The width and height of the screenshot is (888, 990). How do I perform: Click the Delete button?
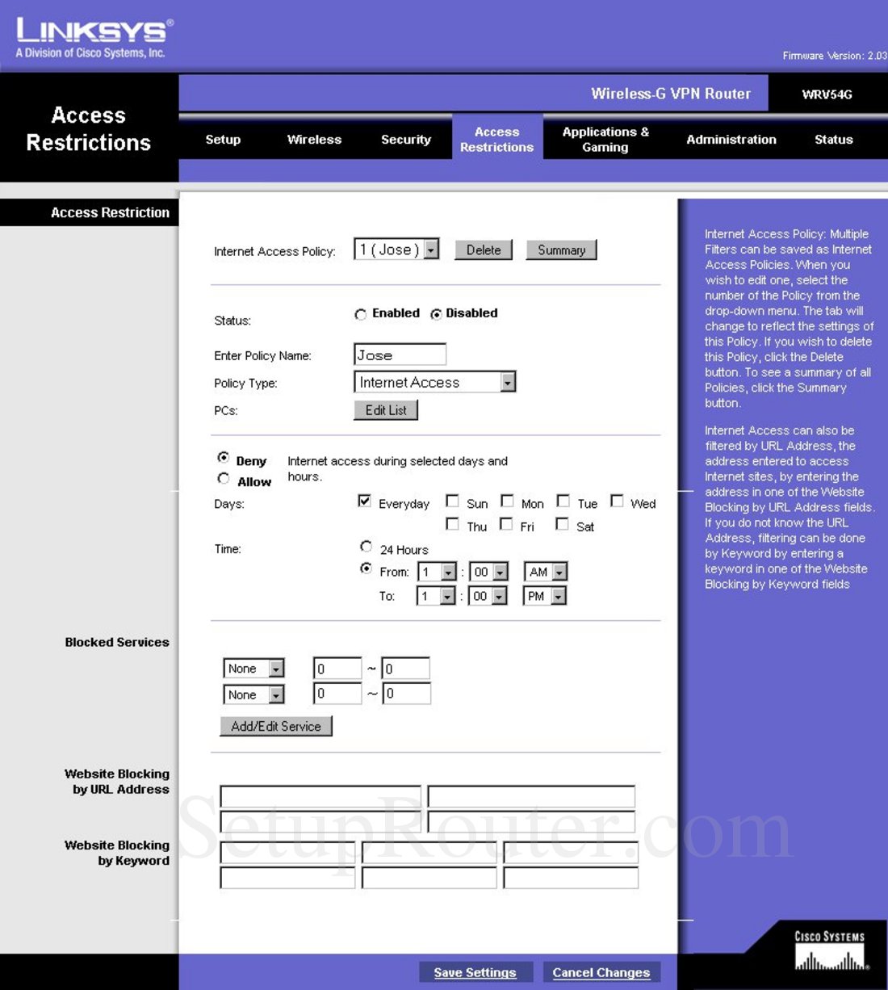pos(484,250)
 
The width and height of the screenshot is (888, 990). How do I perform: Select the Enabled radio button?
pos(361,314)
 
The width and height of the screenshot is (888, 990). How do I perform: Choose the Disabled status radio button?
pos(436,314)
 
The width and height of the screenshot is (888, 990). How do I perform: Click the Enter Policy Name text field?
pos(400,354)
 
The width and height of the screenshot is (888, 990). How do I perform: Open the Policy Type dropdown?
pos(435,382)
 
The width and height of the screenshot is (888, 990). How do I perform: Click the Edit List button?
pos(386,410)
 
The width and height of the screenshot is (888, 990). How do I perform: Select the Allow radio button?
pos(224,479)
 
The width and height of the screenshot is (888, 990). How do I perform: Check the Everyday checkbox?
pos(364,501)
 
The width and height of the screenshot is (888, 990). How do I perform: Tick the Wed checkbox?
pos(617,501)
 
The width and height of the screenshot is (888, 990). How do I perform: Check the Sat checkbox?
pos(563,524)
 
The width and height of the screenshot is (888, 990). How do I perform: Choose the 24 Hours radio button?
pos(367,547)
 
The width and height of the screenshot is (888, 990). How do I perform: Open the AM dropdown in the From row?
pos(546,572)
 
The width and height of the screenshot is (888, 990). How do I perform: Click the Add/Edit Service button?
pos(276,726)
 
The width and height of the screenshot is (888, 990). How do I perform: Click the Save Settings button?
pos(475,972)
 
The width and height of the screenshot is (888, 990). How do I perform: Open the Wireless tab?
pos(314,140)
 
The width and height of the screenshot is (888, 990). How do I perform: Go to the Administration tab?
pos(731,140)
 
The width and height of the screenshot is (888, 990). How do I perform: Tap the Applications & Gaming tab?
pos(605,139)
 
